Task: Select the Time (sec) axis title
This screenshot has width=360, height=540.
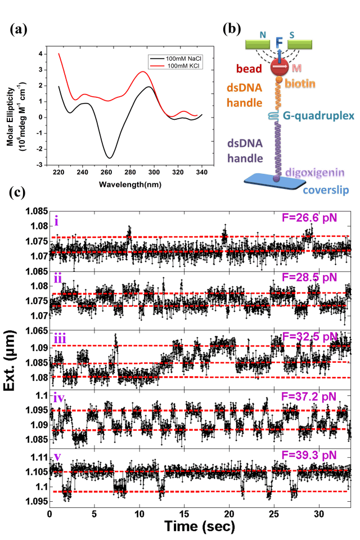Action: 200,527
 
